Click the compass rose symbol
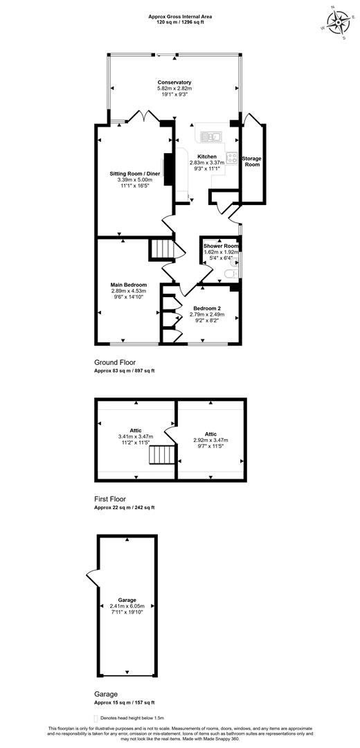point(338,22)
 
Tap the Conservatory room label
point(174,82)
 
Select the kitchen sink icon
point(210,136)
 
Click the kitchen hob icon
point(232,157)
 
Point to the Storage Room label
point(252,161)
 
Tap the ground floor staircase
point(161,249)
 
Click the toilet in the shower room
point(230,274)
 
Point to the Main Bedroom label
point(128,285)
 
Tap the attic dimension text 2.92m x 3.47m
point(210,440)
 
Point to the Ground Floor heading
point(115,362)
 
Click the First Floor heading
point(111,499)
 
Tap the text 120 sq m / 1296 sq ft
point(180,22)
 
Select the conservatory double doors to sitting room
point(144,116)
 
